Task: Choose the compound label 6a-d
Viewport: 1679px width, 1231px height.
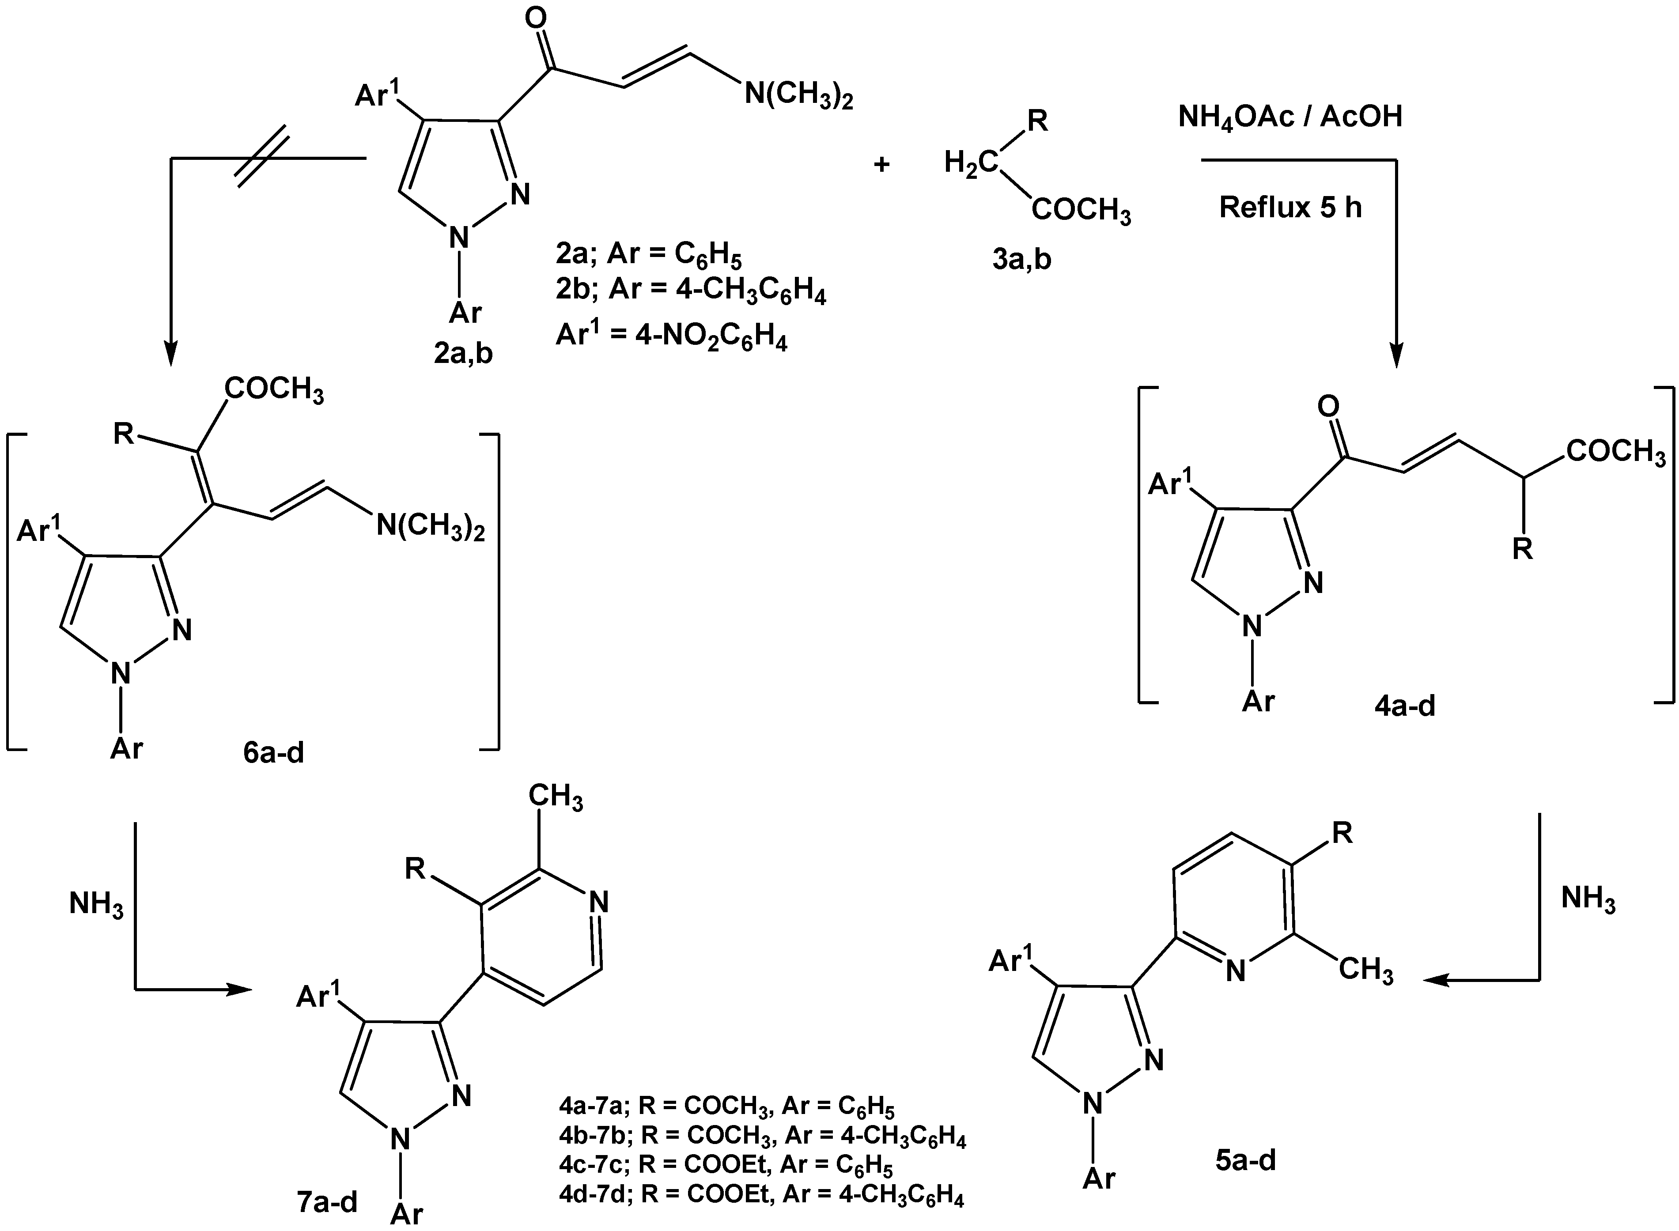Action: point(273,753)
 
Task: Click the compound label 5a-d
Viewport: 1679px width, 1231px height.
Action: point(1245,1160)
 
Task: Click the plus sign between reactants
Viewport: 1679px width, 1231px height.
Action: point(881,164)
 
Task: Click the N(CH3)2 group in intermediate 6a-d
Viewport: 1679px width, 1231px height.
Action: point(430,526)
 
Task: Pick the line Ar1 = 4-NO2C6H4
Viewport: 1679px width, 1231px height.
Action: point(671,337)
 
